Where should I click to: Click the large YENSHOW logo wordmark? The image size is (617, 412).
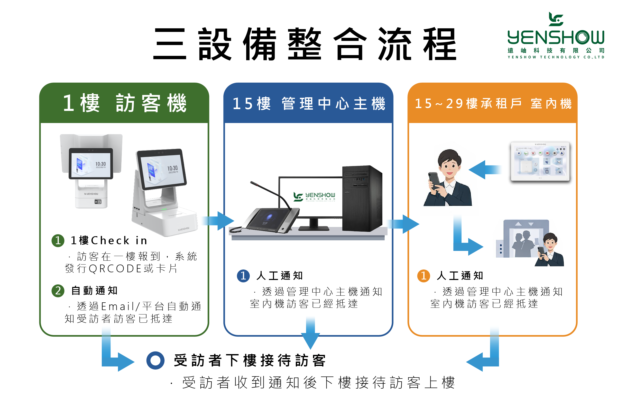(556, 38)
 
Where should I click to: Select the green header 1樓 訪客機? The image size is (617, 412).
(124, 103)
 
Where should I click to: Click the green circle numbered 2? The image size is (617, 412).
(58, 291)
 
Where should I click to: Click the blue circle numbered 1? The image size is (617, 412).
(243, 276)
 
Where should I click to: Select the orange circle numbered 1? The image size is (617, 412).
(423, 276)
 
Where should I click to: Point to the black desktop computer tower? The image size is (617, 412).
(362, 199)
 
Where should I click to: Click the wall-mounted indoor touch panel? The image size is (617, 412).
(540, 162)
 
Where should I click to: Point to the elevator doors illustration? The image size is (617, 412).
(525, 240)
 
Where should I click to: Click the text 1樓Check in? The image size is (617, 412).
(109, 240)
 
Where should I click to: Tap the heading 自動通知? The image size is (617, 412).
(95, 291)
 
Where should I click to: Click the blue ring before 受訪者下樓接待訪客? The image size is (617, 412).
(155, 361)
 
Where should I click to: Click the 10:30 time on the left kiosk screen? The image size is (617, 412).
(100, 164)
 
